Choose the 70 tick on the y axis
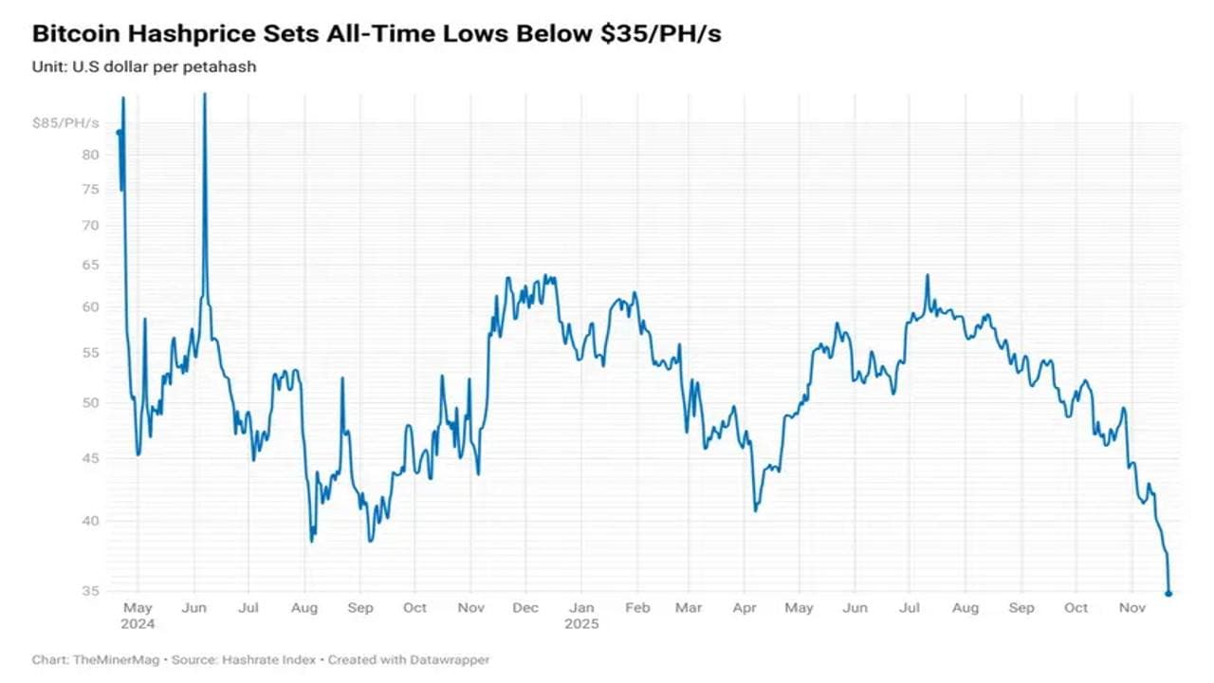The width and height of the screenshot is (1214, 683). click(89, 225)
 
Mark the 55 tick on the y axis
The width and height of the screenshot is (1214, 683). click(89, 352)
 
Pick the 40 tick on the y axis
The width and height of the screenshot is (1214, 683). click(89, 521)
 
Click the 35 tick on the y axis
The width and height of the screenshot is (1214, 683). click(89, 591)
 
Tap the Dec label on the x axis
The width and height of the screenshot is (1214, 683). click(525, 608)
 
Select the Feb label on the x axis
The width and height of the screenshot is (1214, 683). click(638, 608)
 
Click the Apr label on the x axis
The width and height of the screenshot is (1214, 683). click(745, 608)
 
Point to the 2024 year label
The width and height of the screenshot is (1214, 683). click(138, 624)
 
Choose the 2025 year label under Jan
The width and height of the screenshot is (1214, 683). click(581, 624)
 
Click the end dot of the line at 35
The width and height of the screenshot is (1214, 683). click(1168, 594)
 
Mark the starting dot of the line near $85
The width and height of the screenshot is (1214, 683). click(119, 132)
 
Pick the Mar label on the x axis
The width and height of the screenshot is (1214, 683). click(689, 608)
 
